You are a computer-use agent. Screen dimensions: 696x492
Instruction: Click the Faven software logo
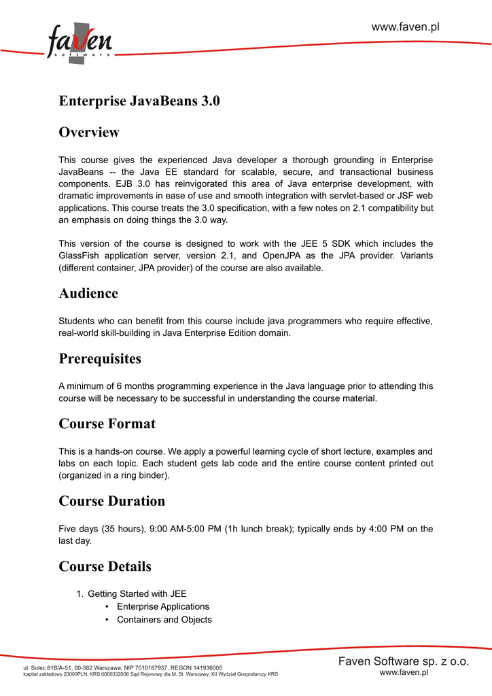[x=80, y=43]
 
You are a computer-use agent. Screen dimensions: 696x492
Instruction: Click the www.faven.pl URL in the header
[x=405, y=27]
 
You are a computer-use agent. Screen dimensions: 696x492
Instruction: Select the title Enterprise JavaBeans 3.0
[x=139, y=101]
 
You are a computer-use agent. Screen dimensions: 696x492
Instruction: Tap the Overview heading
[x=89, y=132]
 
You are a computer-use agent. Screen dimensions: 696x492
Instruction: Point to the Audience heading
[x=88, y=294]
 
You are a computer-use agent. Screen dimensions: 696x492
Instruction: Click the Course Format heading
[x=107, y=424]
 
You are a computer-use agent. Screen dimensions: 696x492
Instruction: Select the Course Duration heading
[x=112, y=501]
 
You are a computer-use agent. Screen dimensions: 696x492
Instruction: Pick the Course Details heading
[x=105, y=566]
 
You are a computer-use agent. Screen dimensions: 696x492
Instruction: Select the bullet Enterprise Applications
[x=163, y=606]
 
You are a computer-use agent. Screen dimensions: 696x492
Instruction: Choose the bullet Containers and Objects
[x=164, y=620]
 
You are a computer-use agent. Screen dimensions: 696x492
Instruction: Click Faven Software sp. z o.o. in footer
[x=404, y=661]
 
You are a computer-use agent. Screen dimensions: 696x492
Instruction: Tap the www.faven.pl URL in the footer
[x=404, y=672]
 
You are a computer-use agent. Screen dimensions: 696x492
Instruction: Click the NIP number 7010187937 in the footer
[x=148, y=668]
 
